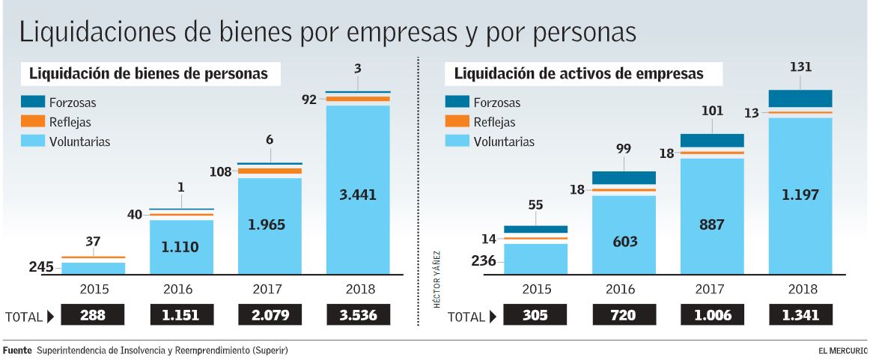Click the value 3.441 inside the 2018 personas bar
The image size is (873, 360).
click(357, 195)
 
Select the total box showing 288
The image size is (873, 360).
click(93, 315)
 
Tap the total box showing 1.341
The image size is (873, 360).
click(800, 316)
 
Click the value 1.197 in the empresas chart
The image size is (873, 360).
click(800, 195)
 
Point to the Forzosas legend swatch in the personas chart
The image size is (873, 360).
click(33, 103)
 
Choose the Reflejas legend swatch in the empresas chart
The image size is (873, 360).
click(457, 121)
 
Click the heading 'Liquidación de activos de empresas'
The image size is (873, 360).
click(579, 73)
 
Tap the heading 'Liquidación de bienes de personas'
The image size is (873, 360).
click(148, 73)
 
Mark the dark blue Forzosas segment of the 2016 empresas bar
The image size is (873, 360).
click(624, 177)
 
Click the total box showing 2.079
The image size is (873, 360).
click(269, 315)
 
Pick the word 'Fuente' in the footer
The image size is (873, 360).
click(17, 350)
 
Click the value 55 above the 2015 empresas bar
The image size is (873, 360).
click(535, 205)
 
